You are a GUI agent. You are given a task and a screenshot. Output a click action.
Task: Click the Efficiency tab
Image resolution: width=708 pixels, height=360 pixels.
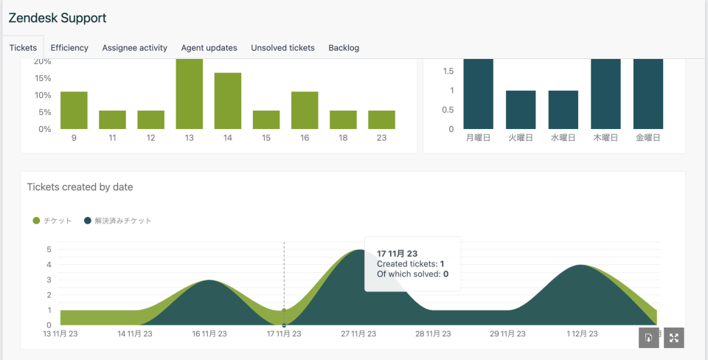click(69, 48)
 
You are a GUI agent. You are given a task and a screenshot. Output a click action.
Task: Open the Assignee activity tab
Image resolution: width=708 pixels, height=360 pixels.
click(135, 48)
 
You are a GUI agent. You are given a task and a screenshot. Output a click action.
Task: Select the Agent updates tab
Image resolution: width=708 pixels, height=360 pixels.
click(209, 48)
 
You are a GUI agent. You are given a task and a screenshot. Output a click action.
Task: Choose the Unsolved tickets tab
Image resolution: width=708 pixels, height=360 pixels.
click(282, 48)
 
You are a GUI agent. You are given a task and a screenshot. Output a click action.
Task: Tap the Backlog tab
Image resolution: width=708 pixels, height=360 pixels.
click(344, 48)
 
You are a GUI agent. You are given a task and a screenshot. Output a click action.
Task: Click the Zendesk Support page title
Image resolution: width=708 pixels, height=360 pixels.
click(58, 18)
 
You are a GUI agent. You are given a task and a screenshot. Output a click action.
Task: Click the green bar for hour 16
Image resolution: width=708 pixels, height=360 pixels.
click(305, 110)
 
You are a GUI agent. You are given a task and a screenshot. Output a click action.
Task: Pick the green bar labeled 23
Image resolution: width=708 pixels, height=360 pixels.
click(381, 120)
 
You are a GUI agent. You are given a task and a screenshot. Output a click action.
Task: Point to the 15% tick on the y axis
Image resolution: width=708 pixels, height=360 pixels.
click(43, 78)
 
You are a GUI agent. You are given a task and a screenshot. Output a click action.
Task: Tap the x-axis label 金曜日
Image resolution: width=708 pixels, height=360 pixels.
click(648, 138)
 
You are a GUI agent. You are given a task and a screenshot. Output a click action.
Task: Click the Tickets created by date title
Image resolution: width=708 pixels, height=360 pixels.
click(80, 187)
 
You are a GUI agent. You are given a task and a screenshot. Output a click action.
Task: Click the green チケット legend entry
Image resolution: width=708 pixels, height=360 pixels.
click(52, 221)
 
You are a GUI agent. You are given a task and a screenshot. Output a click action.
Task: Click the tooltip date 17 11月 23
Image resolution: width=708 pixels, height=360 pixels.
click(398, 254)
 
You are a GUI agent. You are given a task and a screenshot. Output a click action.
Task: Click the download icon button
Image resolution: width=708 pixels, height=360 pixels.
click(648, 338)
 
